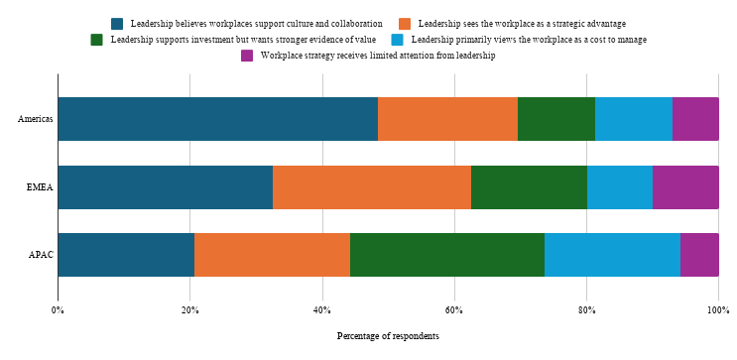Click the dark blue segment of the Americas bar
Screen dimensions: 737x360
pos(218,119)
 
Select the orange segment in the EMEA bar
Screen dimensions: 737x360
pos(372,187)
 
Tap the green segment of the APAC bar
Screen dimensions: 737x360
pos(447,255)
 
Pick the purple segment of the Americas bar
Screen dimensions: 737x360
pos(695,119)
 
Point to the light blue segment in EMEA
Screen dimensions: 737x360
pos(620,187)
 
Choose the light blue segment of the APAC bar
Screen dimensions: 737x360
pos(612,255)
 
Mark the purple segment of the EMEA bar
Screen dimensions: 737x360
pos(685,187)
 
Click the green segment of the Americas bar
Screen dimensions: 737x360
pos(556,119)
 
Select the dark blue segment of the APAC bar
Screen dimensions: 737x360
pos(126,255)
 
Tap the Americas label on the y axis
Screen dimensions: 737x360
pos(36,119)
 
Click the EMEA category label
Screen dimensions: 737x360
pos(41,187)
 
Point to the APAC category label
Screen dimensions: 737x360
pos(42,255)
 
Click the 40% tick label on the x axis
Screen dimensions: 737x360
pos(322,310)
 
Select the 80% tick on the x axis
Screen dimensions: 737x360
pos(586,310)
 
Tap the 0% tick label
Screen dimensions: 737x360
pos(58,310)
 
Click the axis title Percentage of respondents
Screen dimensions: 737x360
pos(388,336)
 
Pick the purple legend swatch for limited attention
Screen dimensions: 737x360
pos(247,56)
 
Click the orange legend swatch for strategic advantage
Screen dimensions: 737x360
pos(405,24)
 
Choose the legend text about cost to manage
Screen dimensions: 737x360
pos(529,40)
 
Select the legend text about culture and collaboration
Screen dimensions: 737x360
pos(257,24)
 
